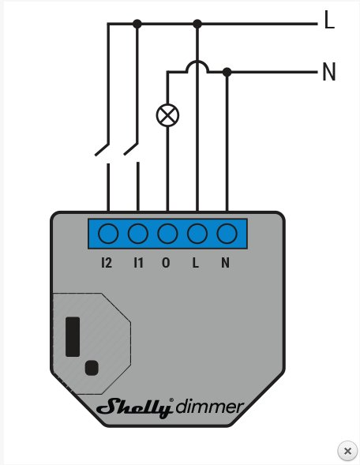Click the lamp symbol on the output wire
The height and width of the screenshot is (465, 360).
tap(167, 115)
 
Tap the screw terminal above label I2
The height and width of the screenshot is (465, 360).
tap(108, 234)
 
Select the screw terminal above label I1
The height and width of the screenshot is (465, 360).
tap(138, 234)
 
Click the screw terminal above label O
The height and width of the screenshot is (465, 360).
tap(167, 234)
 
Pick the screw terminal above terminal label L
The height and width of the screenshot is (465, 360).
tap(197, 234)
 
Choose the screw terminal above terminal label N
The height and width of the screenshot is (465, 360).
tap(227, 234)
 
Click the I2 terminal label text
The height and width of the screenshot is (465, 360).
tap(107, 263)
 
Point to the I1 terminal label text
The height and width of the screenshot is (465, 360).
tap(138, 263)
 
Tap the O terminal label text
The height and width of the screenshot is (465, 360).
tap(166, 263)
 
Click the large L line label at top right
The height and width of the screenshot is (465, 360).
tap(329, 20)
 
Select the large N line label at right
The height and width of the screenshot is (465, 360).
tap(329, 72)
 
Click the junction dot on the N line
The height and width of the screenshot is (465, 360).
tap(227, 72)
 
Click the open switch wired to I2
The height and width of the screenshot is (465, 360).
tap(102, 149)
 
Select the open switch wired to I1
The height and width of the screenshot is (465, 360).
tap(131, 149)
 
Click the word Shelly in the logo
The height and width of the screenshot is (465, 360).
tap(135, 408)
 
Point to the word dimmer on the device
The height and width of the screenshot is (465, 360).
tap(210, 407)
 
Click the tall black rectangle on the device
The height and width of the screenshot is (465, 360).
tap(73, 336)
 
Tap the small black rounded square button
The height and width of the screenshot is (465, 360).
tap(92, 368)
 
